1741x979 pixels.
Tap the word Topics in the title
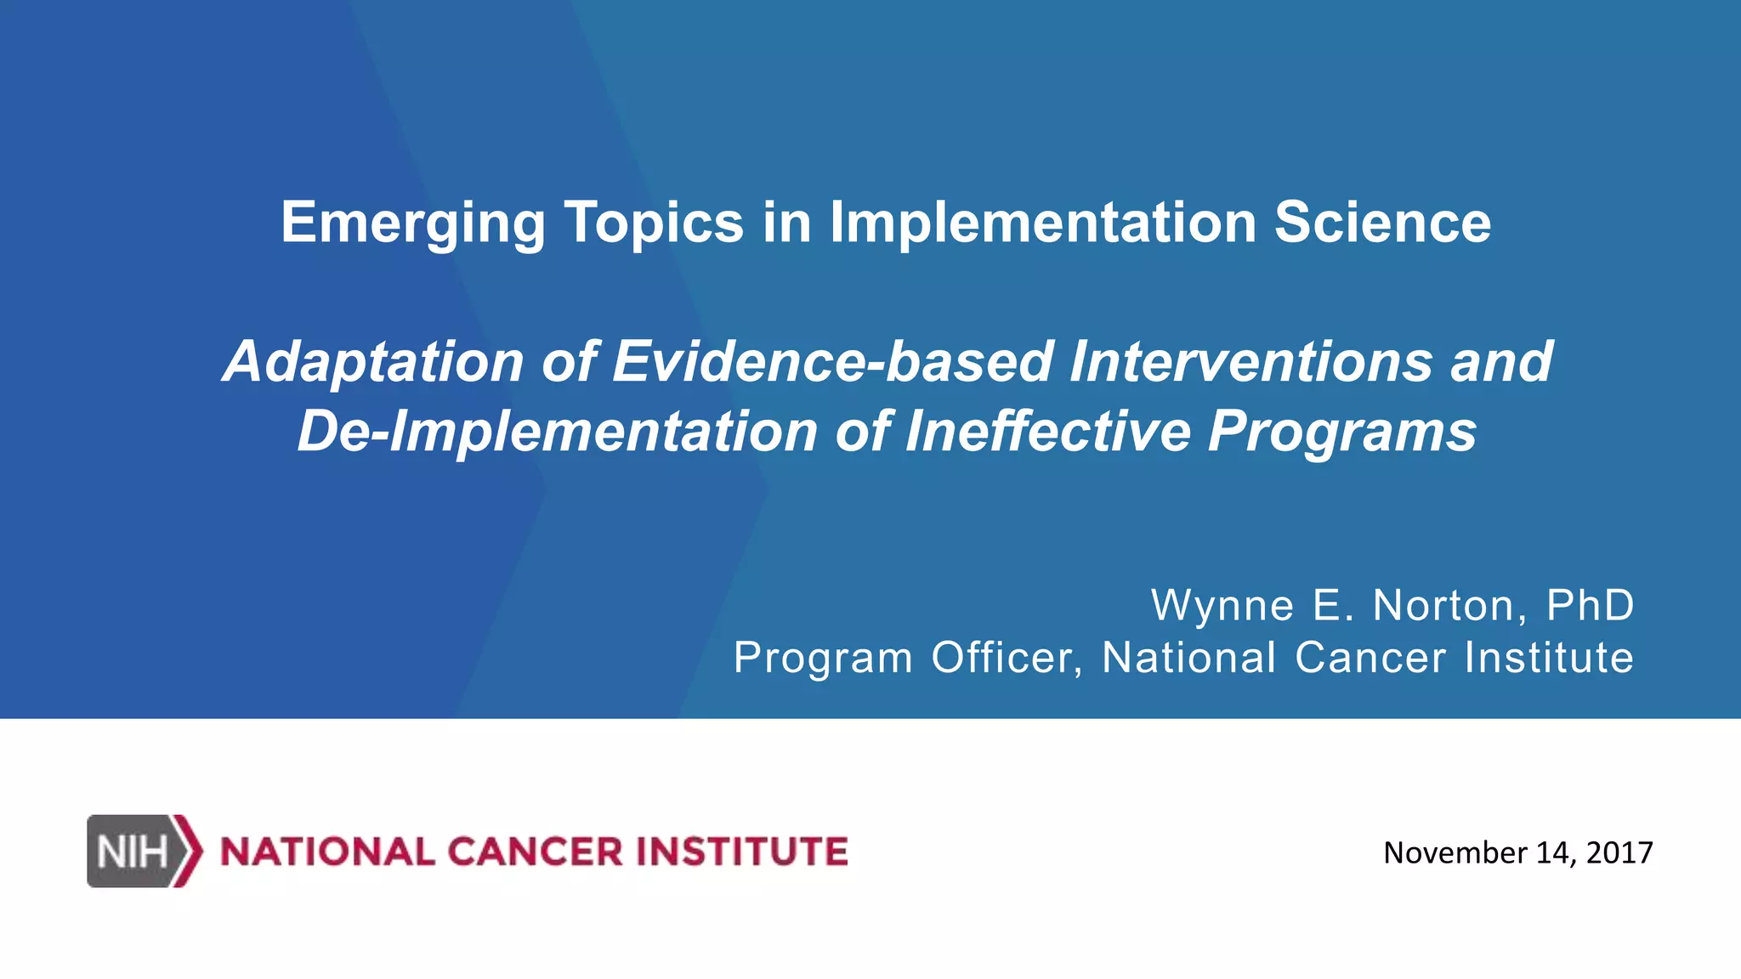pos(654,223)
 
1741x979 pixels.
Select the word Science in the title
pos(1382,223)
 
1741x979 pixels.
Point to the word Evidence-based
pos(832,362)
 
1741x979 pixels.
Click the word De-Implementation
pos(558,432)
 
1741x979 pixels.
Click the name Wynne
pos(1222,606)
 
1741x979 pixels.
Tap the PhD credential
pos(1590,606)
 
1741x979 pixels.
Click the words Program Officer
pos(908,659)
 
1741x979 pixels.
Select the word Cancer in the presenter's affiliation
pos(1370,659)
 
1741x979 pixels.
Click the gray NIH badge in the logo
pos(132,852)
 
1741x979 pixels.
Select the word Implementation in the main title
pos(1043,223)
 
